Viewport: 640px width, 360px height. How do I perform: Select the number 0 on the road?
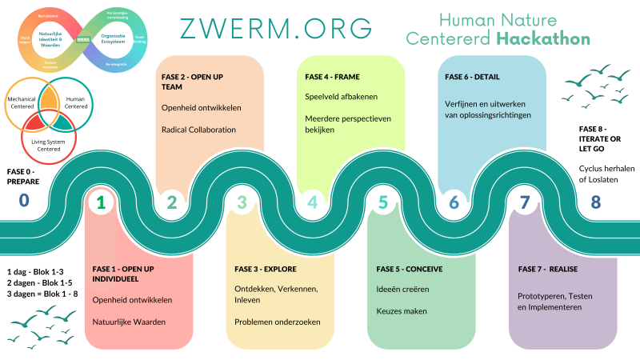click(x=24, y=202)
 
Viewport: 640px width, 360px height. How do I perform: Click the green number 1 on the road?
click(x=101, y=202)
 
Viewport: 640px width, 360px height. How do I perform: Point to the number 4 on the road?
click(x=312, y=202)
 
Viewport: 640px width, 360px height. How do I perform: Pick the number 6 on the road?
click(x=454, y=202)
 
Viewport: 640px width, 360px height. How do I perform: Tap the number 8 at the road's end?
click(x=595, y=202)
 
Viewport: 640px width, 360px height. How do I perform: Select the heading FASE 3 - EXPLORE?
click(x=266, y=269)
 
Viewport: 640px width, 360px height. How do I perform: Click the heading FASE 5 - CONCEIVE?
click(x=410, y=269)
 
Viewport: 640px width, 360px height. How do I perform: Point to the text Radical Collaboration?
click(x=198, y=130)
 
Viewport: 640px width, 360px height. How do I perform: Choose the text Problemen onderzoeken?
click(x=278, y=322)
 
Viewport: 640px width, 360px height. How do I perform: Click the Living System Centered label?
click(x=44, y=143)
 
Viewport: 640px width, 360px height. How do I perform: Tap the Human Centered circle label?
click(x=76, y=103)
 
